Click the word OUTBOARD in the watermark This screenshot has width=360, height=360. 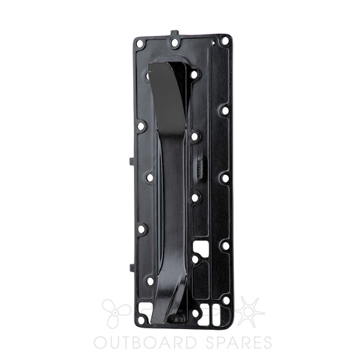[x=145, y=343]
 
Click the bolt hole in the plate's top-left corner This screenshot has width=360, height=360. [x=140, y=44]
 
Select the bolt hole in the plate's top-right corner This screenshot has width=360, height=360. [x=225, y=41]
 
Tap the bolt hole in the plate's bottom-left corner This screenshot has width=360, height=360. [x=141, y=320]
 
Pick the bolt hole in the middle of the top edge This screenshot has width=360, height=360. [x=175, y=43]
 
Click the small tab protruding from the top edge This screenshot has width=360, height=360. [x=174, y=32]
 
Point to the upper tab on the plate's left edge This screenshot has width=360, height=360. [x=132, y=161]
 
